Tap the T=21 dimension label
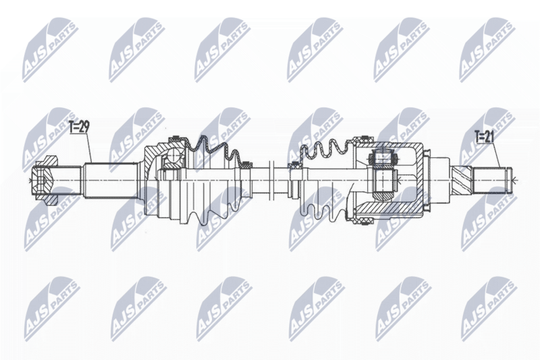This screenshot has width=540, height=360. coord(484,136)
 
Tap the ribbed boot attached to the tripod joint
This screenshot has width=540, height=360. coord(324,179)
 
